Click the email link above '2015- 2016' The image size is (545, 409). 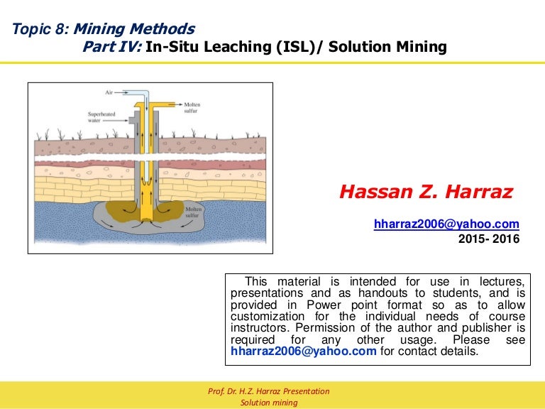pos(446,224)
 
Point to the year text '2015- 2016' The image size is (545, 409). pos(489,239)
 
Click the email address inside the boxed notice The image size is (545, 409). pos(304,351)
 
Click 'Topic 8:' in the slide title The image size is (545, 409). pos(41,29)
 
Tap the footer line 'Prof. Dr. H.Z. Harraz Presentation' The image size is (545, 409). pos(269,392)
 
